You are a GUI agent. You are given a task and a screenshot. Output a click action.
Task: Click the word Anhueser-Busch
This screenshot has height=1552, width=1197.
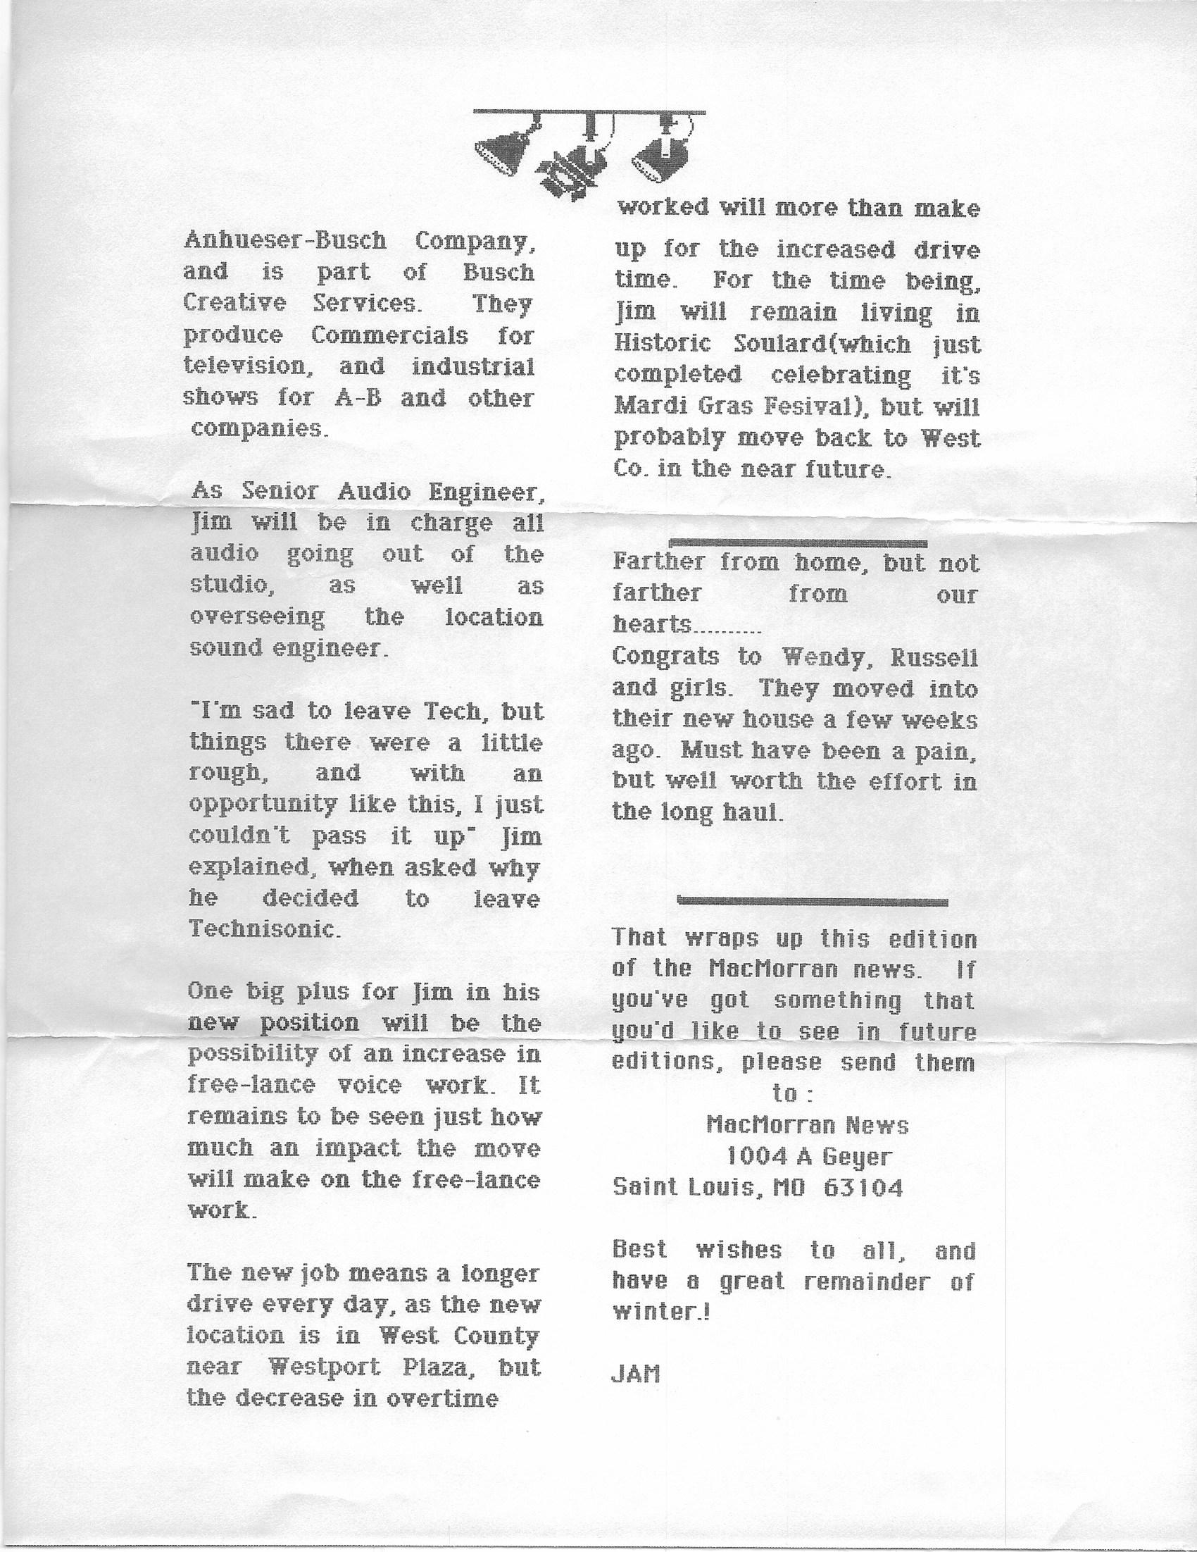pos(285,241)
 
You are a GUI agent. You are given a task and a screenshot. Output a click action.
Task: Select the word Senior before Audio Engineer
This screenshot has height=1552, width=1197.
pos(282,492)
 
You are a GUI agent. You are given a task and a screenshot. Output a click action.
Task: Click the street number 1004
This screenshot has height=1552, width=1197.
pos(755,1157)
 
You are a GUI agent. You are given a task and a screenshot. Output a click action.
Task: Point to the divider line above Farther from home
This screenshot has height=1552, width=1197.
pos(799,544)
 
